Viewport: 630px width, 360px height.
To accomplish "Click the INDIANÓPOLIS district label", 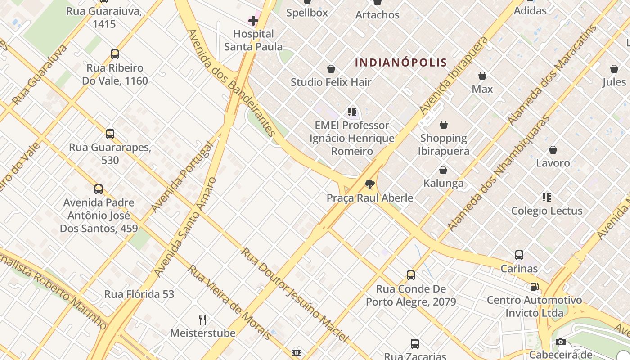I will coord(401,63).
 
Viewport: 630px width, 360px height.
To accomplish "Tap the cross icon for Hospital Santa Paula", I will coord(253,20).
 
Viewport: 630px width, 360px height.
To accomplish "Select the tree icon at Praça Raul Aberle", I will coord(370,184).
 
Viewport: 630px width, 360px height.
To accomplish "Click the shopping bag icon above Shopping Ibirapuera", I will coord(444,125).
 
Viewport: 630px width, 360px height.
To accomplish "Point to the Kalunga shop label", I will coord(443,183).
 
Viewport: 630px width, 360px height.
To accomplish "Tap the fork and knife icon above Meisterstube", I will coord(202,320).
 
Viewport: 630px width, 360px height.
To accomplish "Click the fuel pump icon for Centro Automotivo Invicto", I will coord(534,286).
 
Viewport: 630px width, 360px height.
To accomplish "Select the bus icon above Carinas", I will coord(519,255).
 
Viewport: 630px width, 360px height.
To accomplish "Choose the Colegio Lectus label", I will coord(547,211).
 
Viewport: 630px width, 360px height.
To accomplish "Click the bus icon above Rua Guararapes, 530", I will coord(110,134).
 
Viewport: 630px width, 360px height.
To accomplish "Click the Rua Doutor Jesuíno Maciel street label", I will coord(294,294).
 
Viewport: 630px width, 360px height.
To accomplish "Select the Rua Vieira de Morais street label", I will coord(229,302).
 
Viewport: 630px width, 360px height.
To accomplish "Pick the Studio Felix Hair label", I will coord(331,82).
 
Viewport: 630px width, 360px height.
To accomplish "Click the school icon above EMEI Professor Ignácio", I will coord(352,112).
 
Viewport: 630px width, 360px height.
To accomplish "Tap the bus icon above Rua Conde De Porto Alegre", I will coord(411,275).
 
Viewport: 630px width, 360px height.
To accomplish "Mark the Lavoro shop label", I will coord(553,163).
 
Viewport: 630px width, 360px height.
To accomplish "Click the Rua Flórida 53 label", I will coord(139,294).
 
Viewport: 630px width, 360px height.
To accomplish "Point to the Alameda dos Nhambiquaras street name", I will coord(499,173).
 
